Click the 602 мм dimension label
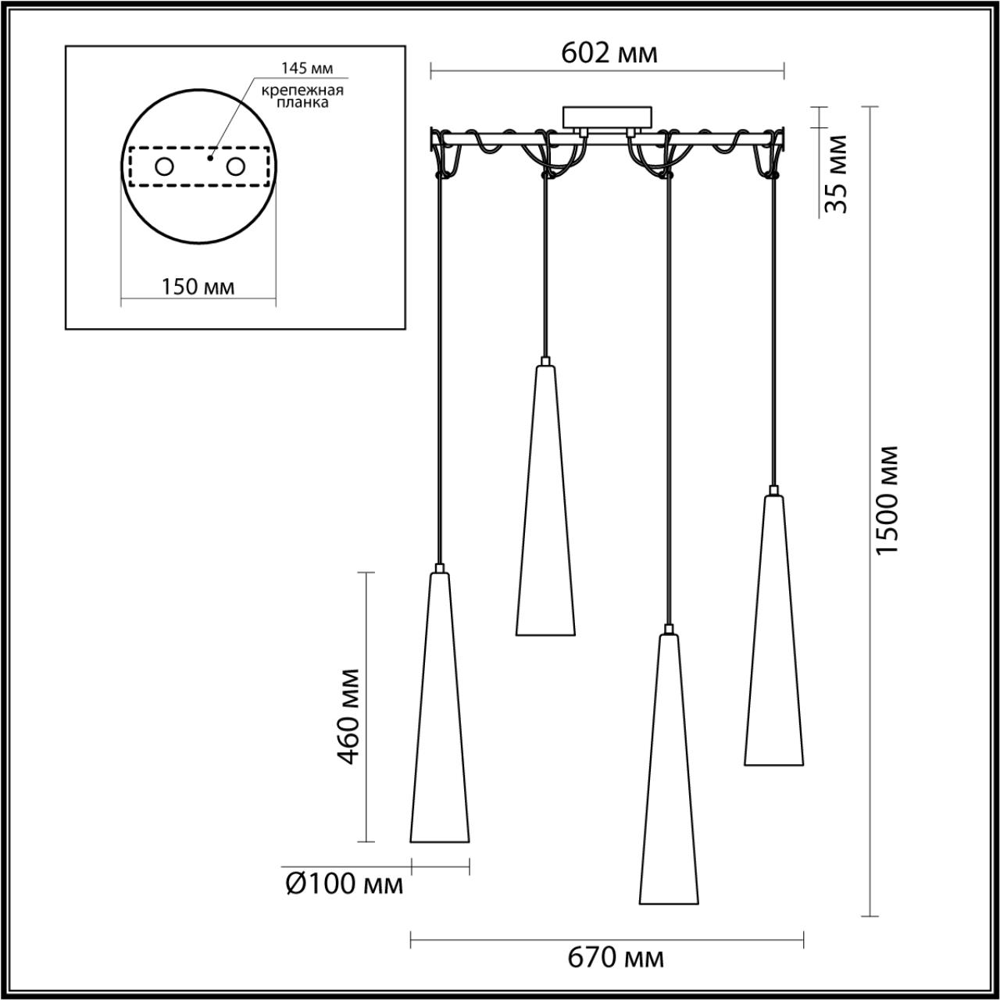(x=609, y=53)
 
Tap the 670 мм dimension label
(x=617, y=956)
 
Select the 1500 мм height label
(x=887, y=500)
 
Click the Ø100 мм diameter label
(x=345, y=884)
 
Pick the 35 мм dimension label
(x=836, y=174)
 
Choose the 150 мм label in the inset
(x=198, y=287)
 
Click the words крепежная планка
(x=303, y=96)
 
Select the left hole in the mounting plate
(x=165, y=166)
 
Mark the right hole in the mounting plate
(x=234, y=166)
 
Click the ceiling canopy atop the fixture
(x=606, y=117)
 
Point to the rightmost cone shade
(x=773, y=633)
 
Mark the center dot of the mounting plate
(x=209, y=157)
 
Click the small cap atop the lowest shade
(x=667, y=628)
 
